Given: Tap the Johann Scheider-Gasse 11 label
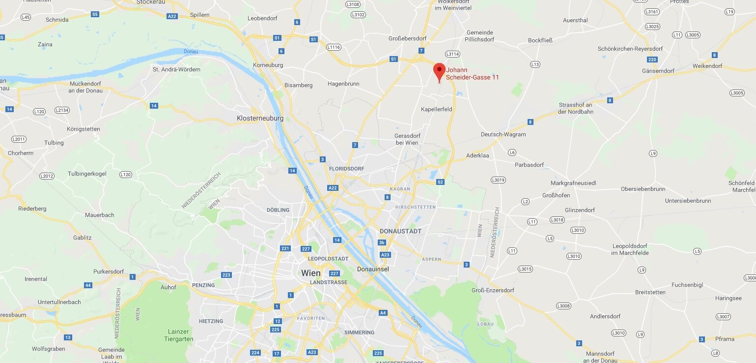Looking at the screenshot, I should coord(472,73).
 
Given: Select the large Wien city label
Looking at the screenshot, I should coord(310,273).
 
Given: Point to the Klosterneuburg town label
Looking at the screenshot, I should coord(260,119).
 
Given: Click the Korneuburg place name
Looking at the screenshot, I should coord(268,65).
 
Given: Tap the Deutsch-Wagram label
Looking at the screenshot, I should coord(503,134).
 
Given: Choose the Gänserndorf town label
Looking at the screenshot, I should coord(658,71).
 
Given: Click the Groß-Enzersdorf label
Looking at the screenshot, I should coord(493,290).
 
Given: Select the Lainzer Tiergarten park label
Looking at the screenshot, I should coord(178,335).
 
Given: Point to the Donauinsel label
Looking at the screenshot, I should coord(373,269).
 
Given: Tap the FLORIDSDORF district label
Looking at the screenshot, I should coord(347,169).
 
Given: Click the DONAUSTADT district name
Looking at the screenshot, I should coord(400,231).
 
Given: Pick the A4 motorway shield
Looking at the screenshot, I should coord(383,313).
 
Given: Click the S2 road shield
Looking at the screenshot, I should coord(440,182).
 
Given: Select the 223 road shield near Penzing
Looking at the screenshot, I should coord(226,275).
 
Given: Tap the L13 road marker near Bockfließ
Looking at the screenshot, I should coord(535,64).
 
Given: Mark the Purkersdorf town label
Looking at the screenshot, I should coord(109,272).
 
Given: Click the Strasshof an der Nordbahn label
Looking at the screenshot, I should coord(576,108).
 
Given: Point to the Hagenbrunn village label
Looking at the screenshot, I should coord(343,84).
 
